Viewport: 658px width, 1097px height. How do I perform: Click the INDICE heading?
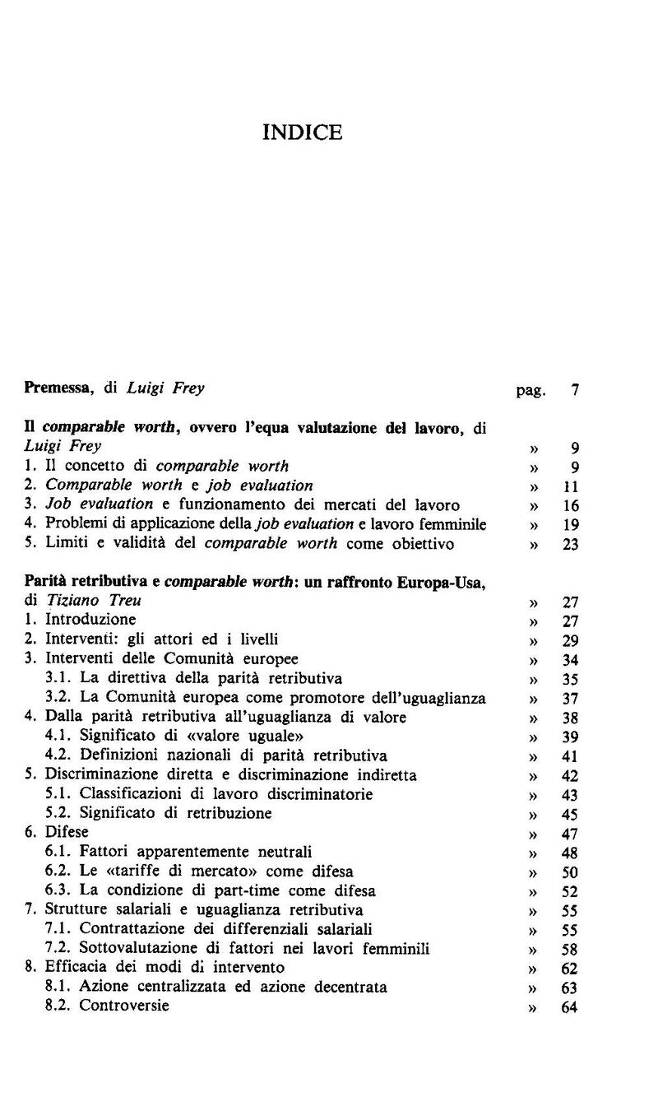302,132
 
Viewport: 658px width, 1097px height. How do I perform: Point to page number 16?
571,505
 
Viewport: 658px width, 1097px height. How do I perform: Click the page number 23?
571,544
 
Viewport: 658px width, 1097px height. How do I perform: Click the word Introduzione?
90,620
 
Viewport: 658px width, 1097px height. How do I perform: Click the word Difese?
67,832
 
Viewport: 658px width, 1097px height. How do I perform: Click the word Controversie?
124,1006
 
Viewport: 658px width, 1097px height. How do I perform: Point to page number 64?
570,1006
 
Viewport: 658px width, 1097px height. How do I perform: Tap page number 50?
570,872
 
